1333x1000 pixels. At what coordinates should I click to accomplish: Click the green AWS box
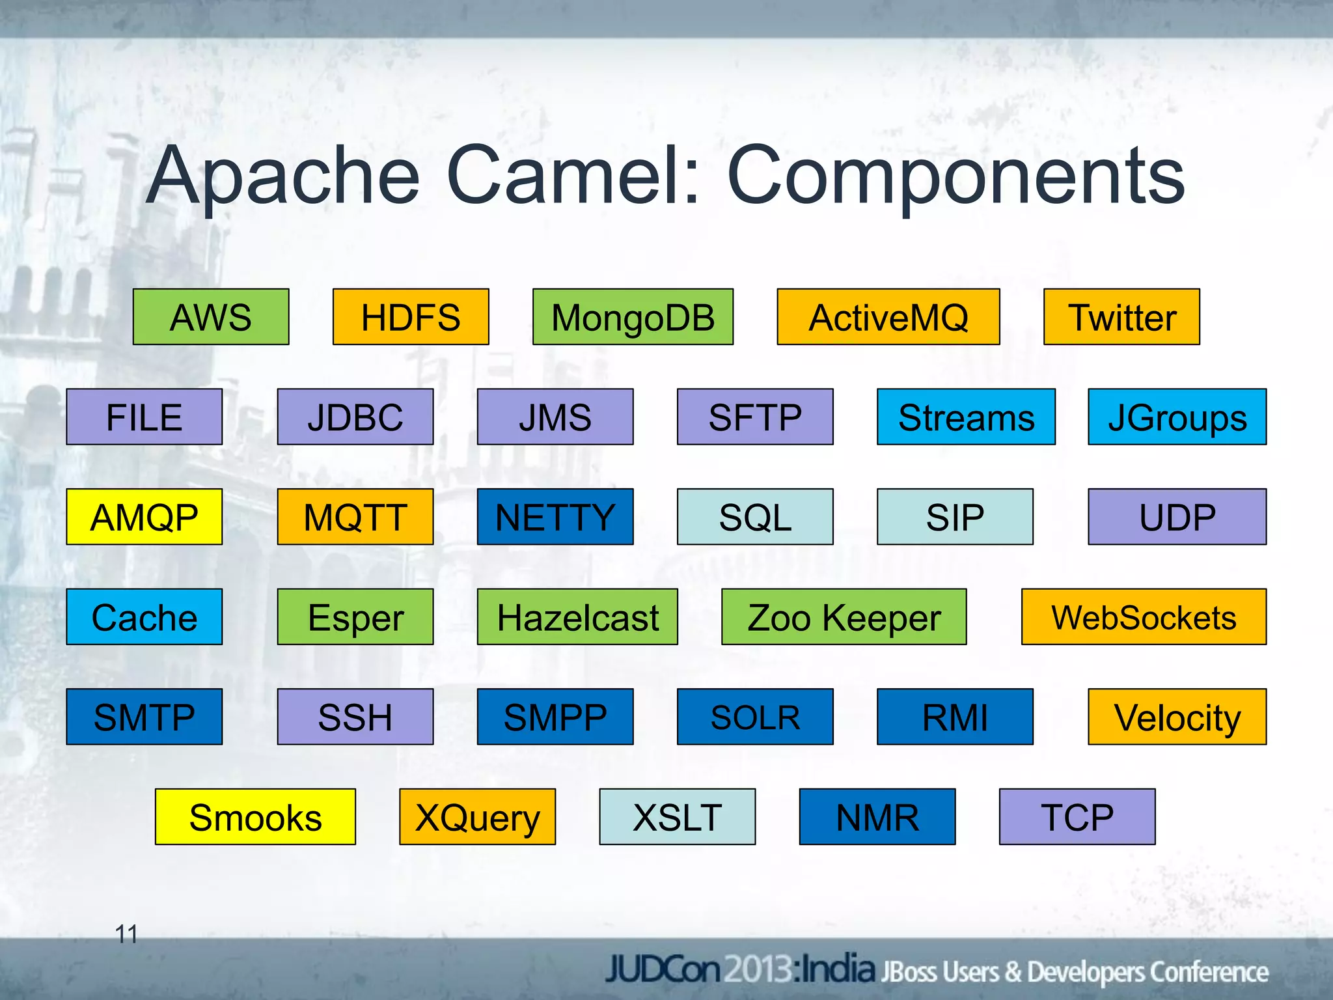[211, 317]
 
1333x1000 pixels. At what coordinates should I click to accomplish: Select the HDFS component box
[411, 317]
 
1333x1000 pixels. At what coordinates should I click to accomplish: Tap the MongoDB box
[633, 317]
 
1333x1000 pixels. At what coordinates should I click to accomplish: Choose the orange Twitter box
[1121, 317]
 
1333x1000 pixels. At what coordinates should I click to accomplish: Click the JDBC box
[355, 417]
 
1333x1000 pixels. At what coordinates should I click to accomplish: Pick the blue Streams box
[966, 417]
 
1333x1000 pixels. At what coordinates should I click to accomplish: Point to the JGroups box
[1177, 417]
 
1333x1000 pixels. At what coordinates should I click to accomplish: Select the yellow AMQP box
[144, 517]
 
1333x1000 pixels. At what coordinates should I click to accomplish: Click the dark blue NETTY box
[555, 517]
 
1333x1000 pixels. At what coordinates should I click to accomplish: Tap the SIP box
[955, 517]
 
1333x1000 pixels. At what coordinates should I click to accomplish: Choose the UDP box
[1177, 517]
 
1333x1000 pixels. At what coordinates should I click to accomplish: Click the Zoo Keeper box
[844, 617]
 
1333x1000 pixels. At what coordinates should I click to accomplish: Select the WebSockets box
[1144, 617]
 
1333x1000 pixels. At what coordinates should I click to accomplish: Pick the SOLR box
[755, 717]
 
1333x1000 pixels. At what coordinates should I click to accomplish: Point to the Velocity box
[1177, 717]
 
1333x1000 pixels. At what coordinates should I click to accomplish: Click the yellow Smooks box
[255, 817]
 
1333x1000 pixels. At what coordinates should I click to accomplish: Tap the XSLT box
[677, 817]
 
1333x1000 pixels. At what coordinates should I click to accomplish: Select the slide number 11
[126, 934]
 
